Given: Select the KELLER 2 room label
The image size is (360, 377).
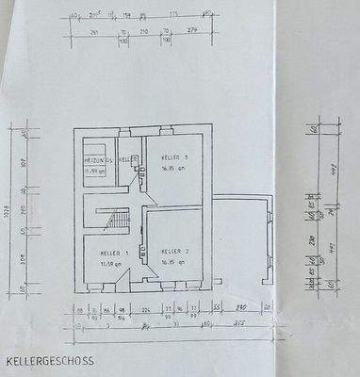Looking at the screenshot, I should [x=175, y=252].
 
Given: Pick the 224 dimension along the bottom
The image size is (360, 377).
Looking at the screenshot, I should [x=146, y=307].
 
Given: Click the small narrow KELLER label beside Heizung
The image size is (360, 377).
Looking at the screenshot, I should [x=134, y=159].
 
